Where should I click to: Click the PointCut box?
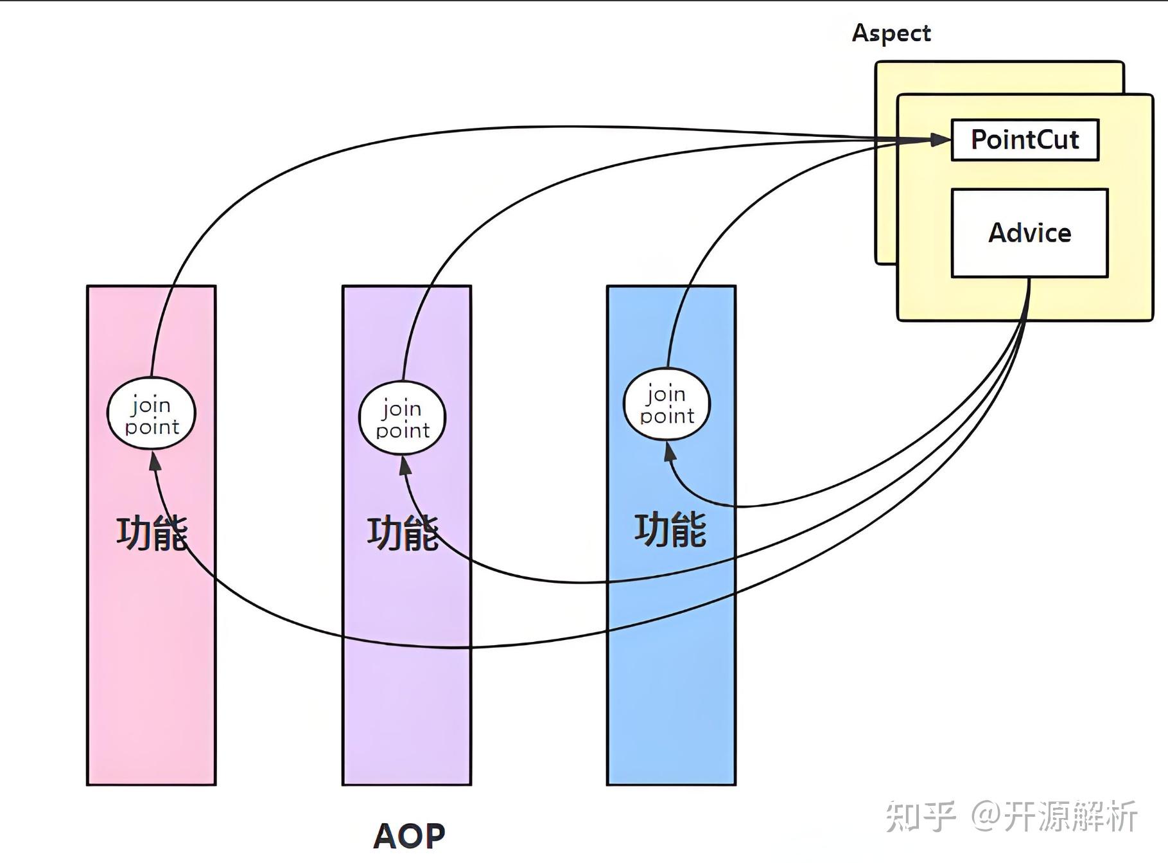1024,139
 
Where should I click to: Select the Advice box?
1029,233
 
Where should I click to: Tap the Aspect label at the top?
891,33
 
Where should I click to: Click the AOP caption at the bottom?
409,835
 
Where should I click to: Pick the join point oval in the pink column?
151,415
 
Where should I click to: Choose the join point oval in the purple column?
402,418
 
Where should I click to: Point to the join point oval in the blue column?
667,404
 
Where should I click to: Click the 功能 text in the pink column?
152,533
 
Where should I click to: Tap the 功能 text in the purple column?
403,533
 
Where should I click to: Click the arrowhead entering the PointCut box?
940,139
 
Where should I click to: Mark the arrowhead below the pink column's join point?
155,460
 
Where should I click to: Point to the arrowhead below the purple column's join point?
405,465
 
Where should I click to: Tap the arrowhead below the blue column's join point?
670,452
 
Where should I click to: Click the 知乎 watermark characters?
920,816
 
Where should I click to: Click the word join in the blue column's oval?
666,393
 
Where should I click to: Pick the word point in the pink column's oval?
152,427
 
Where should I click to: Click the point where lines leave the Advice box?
1029,278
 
